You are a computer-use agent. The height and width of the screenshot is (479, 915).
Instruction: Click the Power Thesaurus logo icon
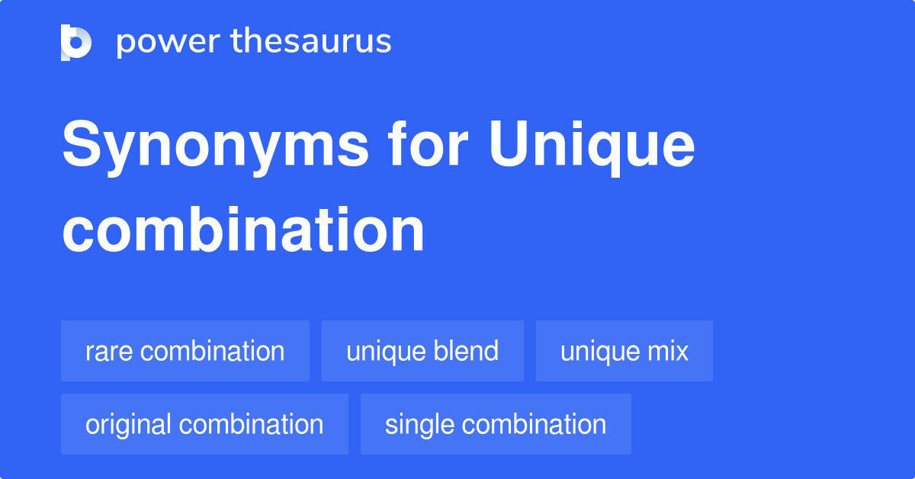tap(76, 42)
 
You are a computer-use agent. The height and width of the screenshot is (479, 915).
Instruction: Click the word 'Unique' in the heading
tap(592, 147)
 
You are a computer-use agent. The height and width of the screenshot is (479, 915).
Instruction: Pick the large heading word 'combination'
tap(243, 230)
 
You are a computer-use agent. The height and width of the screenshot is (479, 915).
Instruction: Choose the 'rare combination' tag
tap(185, 351)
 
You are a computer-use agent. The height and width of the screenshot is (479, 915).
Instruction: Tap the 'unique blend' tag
tap(422, 351)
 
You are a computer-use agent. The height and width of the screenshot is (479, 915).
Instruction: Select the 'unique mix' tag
tap(624, 351)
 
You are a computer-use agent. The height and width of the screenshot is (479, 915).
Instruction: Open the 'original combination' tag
tap(204, 424)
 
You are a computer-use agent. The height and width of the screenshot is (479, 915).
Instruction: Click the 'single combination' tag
tap(496, 424)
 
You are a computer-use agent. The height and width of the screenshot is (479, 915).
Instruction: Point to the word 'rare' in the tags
tap(109, 352)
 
